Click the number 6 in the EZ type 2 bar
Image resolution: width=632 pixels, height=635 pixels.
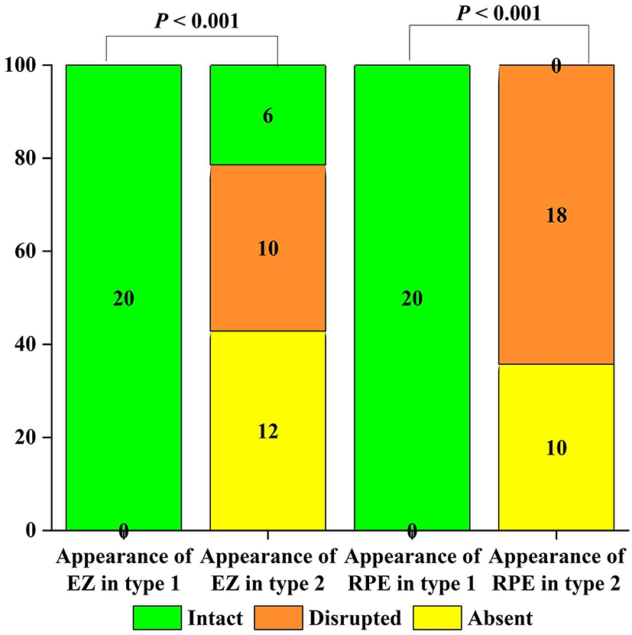pos(267,116)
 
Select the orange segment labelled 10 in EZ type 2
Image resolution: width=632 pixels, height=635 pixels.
pos(267,249)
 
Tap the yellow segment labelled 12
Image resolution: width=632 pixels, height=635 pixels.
pos(267,431)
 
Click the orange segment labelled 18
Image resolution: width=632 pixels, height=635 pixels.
pos(556,216)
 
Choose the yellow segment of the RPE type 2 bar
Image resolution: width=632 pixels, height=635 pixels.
pos(556,448)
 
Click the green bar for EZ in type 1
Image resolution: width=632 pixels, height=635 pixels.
pos(124,298)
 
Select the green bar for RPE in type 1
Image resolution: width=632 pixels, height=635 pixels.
pos(413,298)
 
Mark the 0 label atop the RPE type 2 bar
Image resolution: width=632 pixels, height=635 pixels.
pos(556,67)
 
